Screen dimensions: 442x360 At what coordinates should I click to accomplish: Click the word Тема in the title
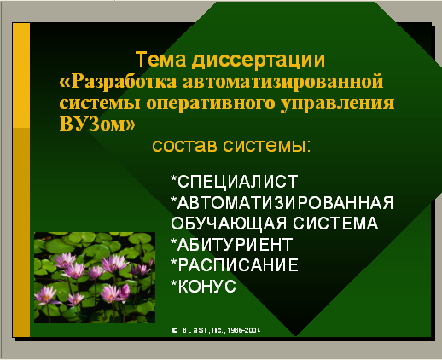(160, 59)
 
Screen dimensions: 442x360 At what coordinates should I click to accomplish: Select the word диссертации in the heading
(259, 60)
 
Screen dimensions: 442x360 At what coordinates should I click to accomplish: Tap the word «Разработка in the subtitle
(118, 82)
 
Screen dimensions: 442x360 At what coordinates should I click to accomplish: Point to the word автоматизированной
(283, 81)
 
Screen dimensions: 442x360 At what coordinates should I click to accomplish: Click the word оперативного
(211, 104)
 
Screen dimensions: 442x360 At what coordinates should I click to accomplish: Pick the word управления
(338, 104)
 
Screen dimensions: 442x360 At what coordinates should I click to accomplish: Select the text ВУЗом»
(97, 124)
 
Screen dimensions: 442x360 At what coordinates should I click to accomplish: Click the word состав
(185, 146)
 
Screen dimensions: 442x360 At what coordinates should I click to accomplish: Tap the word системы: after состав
(267, 146)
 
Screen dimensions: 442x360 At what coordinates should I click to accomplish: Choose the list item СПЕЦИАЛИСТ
(238, 182)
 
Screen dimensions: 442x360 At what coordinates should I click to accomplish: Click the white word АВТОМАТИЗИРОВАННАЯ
(285, 202)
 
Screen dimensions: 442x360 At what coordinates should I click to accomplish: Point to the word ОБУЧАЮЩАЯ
(229, 224)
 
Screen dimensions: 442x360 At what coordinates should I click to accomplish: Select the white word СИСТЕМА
(335, 224)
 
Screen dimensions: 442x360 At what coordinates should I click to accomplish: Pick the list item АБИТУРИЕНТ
(235, 245)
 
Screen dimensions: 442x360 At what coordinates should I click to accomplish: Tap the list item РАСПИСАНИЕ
(238, 265)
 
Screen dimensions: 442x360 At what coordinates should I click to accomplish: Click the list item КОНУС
(207, 286)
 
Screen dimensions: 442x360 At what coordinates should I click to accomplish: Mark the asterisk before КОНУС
(173, 282)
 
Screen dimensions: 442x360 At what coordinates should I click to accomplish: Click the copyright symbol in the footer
(175, 330)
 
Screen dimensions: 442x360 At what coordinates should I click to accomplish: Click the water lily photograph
(95, 277)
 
